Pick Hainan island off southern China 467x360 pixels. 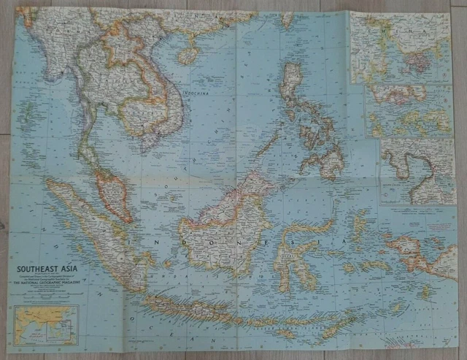(x=188, y=55)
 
